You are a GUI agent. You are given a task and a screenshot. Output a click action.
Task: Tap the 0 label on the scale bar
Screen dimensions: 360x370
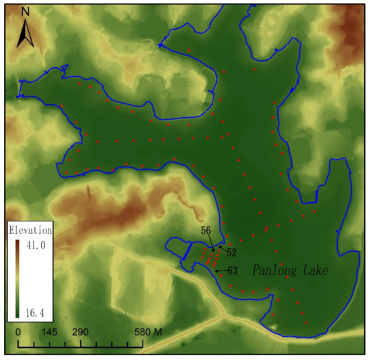coord(17,333)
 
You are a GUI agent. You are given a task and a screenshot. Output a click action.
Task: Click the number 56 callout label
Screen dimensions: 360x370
coord(206,231)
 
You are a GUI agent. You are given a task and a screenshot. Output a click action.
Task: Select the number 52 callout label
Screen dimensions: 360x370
coord(231,252)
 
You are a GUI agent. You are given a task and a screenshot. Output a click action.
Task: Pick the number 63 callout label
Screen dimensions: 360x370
coord(233,270)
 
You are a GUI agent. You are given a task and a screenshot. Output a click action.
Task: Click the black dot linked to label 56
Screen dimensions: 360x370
coord(213,250)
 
